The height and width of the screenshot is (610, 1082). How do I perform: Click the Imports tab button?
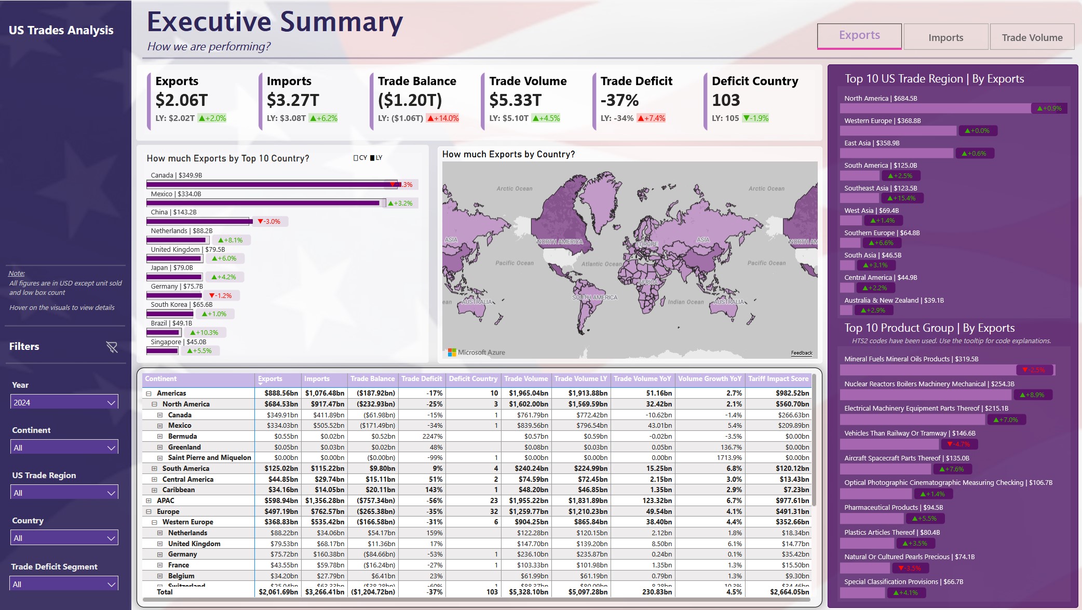click(x=945, y=37)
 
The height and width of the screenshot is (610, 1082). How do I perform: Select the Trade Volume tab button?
click(x=1032, y=37)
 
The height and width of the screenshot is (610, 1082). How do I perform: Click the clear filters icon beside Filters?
click(x=112, y=347)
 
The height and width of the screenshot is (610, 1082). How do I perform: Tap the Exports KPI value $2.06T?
click(x=182, y=100)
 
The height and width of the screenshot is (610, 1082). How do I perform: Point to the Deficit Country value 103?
click(x=726, y=100)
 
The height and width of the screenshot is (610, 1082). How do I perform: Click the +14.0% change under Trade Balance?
click(x=443, y=118)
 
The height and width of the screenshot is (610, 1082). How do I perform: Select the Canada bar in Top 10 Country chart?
click(x=270, y=184)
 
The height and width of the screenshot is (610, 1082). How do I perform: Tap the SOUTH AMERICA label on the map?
click(x=594, y=297)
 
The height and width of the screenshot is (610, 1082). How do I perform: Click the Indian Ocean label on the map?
click(x=685, y=302)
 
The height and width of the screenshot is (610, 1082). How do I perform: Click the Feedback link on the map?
click(x=801, y=353)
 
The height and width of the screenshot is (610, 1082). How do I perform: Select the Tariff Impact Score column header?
click(x=778, y=379)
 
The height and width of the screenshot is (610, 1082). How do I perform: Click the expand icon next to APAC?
click(x=148, y=501)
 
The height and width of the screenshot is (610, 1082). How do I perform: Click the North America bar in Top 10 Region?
click(x=935, y=108)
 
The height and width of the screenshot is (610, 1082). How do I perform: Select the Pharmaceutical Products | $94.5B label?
click(x=893, y=508)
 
